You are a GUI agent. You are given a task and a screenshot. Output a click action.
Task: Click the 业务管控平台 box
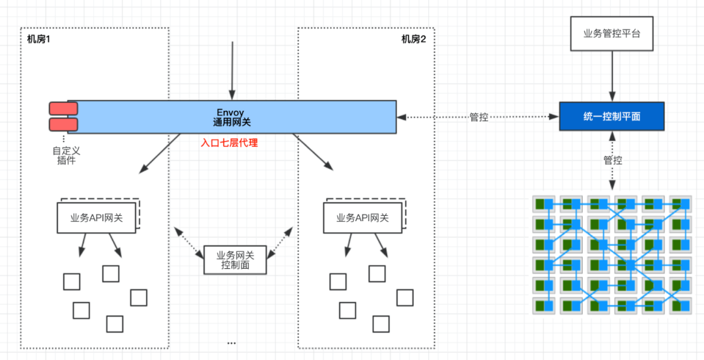click(611, 33)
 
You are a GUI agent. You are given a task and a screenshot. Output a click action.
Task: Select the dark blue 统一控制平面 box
click(611, 116)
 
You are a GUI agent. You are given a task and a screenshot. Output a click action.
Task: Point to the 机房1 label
click(39, 39)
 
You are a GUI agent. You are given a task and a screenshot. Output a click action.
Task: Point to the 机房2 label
click(413, 39)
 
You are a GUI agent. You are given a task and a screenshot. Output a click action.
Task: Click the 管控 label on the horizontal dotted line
click(478, 117)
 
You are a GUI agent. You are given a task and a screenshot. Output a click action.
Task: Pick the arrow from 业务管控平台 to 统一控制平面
click(611, 76)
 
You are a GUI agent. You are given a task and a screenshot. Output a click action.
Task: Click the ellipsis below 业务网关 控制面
click(231, 343)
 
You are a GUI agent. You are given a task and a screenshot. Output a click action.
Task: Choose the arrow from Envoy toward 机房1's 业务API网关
click(160, 153)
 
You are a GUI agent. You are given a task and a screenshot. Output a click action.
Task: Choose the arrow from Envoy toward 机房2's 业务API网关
click(312, 153)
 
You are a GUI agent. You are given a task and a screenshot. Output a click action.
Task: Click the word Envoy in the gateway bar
click(231, 112)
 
